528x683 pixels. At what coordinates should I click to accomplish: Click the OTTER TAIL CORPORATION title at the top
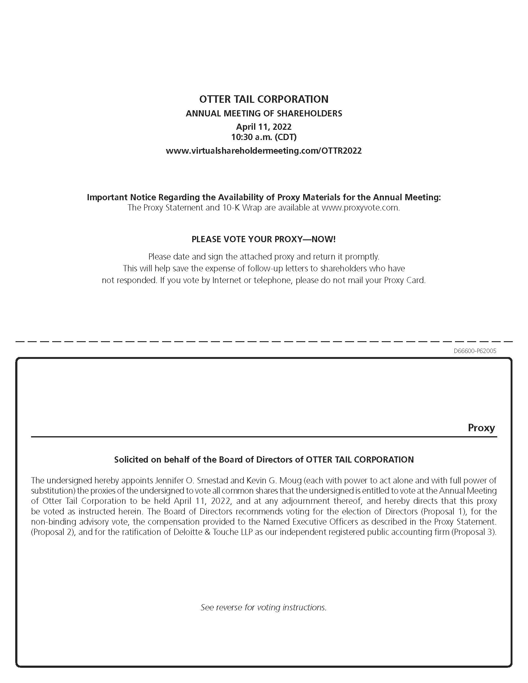tap(264, 99)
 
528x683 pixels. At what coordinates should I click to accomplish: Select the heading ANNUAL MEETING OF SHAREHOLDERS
tap(264, 113)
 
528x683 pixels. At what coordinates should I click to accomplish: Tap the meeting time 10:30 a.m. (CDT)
tap(264, 137)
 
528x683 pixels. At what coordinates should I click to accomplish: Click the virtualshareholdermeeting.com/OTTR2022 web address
tap(264, 151)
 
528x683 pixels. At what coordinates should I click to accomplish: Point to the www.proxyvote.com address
tap(360, 208)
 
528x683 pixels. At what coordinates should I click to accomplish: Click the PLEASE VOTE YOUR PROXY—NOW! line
tap(264, 239)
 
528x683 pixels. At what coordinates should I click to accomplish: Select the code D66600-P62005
tap(475, 351)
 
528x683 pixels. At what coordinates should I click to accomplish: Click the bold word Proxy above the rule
tap(481, 427)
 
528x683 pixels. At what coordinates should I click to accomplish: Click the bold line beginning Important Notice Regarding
tap(264, 197)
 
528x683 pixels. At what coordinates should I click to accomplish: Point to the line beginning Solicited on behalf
tap(264, 459)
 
